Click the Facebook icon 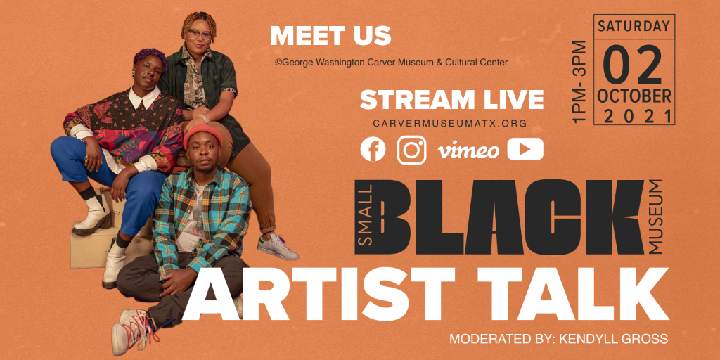pos(373,149)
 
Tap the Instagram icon pos(412,150)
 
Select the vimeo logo pos(468,150)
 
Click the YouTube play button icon pos(525,149)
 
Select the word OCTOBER pos(634,96)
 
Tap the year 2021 pos(635,117)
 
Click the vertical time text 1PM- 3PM pos(579,82)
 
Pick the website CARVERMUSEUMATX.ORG pos(450,124)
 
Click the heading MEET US pos(330,36)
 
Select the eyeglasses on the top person pos(199,34)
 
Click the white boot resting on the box pos(92,215)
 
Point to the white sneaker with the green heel pos(277,246)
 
